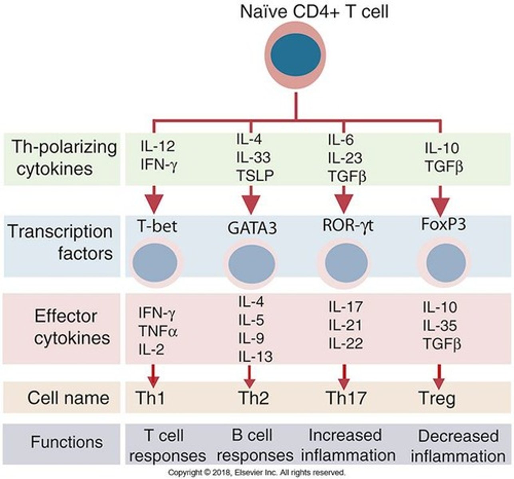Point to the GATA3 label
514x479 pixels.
tap(252, 229)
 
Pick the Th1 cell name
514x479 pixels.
tap(150, 398)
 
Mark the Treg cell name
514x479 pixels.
tap(437, 398)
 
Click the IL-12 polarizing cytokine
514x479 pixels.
tap(157, 147)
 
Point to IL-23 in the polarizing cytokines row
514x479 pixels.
tap(345, 158)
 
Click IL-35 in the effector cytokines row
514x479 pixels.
tap(440, 326)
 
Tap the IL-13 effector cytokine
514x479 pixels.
tap(256, 356)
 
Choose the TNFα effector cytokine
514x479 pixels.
tap(158, 331)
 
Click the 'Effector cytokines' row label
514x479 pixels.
tap(66, 327)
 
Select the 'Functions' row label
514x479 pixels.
tap(67, 442)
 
